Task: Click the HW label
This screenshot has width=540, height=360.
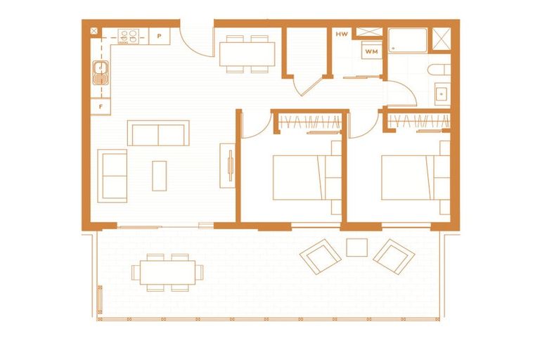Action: point(342,34)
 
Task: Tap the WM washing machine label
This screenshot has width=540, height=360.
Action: point(371,51)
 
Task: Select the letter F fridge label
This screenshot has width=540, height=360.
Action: point(101,107)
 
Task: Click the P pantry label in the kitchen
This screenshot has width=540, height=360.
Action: point(160,34)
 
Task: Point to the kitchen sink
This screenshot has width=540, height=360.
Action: point(101,72)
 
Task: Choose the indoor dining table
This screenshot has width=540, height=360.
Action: point(247,53)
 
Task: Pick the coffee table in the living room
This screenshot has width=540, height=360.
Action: point(160,175)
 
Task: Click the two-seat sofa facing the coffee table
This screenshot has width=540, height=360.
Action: point(158,133)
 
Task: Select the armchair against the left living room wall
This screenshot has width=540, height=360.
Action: point(113,175)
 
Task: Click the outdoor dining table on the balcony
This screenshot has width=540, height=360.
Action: point(168,272)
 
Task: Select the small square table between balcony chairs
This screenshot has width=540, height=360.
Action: point(357,247)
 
